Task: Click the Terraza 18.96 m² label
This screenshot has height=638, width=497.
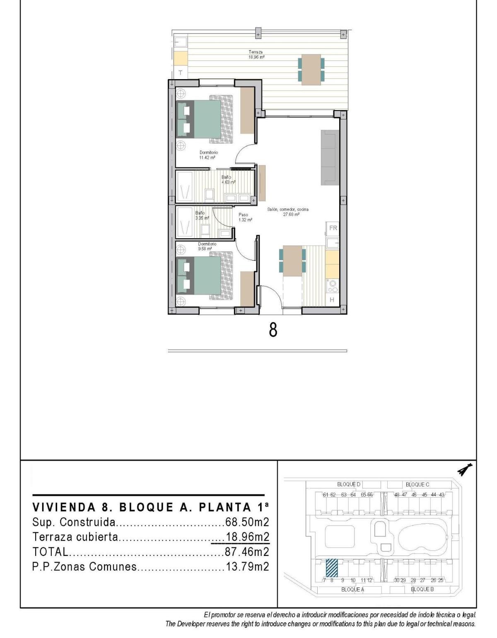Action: click(256, 55)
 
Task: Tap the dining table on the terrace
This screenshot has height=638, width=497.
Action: click(311, 70)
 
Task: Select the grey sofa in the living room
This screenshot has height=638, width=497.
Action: click(330, 157)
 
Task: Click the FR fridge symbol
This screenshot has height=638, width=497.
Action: click(333, 228)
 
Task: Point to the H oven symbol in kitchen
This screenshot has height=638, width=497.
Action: click(332, 300)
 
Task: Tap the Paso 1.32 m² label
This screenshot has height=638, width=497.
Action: click(245, 217)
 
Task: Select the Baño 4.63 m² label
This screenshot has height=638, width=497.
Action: click(228, 179)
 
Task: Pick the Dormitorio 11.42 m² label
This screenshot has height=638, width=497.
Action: click(208, 155)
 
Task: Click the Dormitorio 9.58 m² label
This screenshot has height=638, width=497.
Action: click(207, 246)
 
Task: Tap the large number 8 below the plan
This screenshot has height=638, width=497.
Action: click(273, 330)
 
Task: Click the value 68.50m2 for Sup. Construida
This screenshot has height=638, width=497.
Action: click(247, 522)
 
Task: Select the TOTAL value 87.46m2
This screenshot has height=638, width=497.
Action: click(247, 552)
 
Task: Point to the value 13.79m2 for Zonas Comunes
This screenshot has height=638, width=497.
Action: click(247, 567)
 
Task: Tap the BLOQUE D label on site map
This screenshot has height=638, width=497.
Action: click(349, 484)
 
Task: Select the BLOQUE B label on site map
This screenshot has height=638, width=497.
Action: click(422, 589)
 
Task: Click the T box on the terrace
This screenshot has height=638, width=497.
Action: click(180, 72)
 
